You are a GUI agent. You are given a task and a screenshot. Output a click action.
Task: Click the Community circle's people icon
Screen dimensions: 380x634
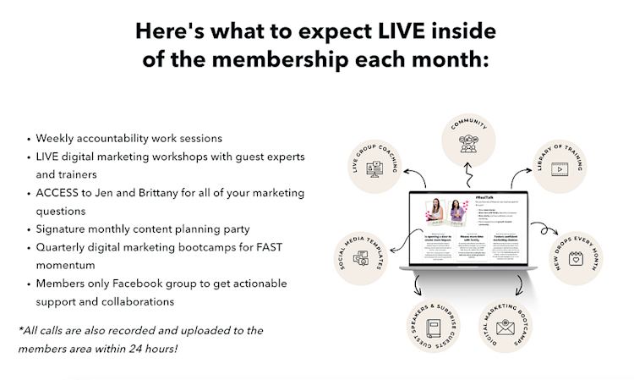[469, 143]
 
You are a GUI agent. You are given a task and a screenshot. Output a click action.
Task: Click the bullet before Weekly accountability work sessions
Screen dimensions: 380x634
[30, 139]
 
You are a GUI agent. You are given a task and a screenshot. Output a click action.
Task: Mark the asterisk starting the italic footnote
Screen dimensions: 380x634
[20, 328]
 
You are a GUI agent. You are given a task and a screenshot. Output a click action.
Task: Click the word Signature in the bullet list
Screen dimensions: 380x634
[62, 229]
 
